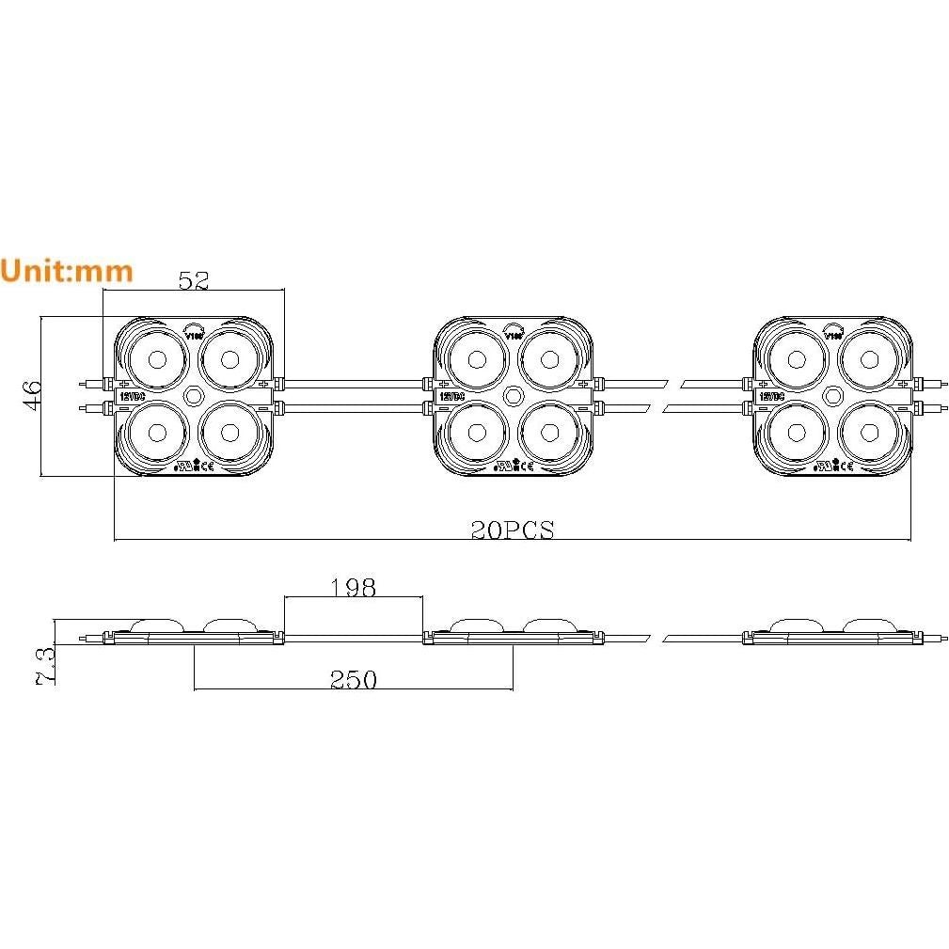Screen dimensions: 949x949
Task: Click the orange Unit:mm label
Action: pyautogui.click(x=67, y=271)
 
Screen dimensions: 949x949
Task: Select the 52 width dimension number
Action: pyautogui.click(x=193, y=279)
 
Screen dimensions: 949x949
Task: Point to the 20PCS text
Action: pyautogui.click(x=513, y=530)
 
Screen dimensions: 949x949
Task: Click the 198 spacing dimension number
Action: pyautogui.click(x=353, y=588)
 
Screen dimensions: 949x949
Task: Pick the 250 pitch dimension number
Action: pyautogui.click(x=353, y=679)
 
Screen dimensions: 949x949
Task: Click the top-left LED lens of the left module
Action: pyautogui.click(x=155, y=358)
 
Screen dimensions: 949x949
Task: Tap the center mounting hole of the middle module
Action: pyautogui.click(x=514, y=395)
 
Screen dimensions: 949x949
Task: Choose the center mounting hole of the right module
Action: pyautogui.click(x=833, y=395)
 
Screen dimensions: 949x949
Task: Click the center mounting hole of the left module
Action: pyautogui.click(x=194, y=395)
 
